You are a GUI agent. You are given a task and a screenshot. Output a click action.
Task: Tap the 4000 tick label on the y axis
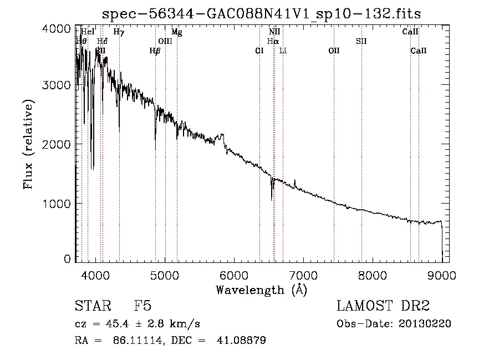click(57, 29)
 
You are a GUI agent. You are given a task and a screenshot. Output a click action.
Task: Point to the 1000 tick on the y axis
click(57, 204)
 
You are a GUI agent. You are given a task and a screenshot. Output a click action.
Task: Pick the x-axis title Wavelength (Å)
click(261, 290)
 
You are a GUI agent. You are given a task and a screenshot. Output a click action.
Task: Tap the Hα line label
click(273, 41)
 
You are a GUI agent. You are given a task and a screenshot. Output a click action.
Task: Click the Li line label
click(283, 50)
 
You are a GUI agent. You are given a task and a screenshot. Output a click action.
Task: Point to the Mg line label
click(176, 32)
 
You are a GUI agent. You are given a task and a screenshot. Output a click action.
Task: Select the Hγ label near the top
click(119, 32)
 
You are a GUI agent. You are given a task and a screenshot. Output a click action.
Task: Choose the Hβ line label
click(155, 50)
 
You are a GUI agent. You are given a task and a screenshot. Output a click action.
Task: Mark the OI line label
click(259, 50)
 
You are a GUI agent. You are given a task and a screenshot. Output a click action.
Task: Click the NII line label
click(274, 32)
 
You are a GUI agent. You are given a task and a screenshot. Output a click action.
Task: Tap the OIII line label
click(165, 41)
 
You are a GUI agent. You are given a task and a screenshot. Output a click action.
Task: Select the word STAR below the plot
click(92, 306)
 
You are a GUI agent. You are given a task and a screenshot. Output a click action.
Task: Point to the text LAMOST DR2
click(383, 306)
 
